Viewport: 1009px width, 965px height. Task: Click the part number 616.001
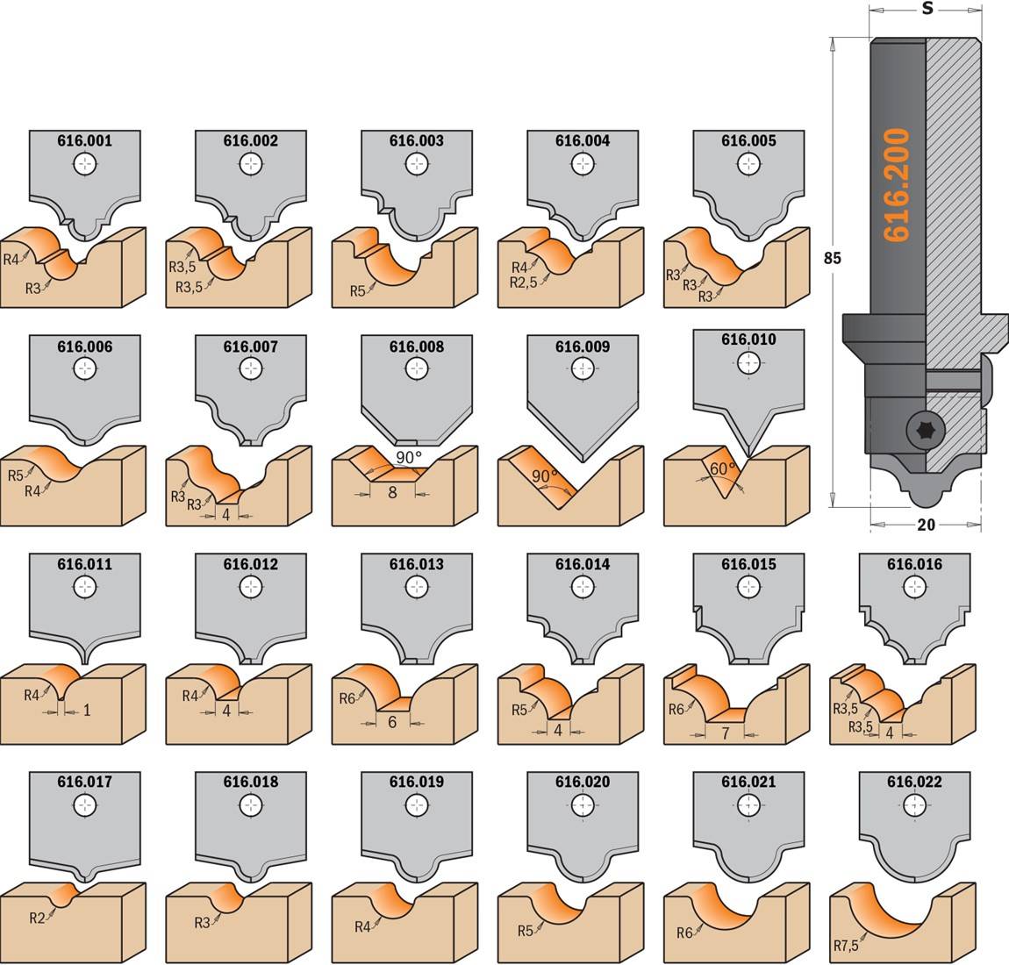(x=84, y=141)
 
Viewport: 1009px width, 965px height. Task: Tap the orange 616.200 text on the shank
(x=897, y=185)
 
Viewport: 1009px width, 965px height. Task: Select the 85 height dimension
(x=832, y=258)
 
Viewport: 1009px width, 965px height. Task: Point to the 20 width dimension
(x=926, y=525)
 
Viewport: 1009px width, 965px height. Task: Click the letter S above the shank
(x=927, y=9)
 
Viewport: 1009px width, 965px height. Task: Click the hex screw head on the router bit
(x=921, y=430)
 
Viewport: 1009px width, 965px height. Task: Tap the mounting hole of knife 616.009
(x=583, y=368)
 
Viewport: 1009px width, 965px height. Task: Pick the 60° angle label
(x=721, y=469)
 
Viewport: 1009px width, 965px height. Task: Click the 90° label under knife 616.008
(x=409, y=458)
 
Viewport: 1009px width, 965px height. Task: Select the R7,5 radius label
(x=846, y=946)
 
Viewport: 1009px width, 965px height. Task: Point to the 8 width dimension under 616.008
(x=392, y=493)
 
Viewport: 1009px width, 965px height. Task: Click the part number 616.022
(x=914, y=782)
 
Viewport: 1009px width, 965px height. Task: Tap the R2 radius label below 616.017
(x=38, y=918)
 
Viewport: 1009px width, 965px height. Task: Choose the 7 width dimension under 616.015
(x=726, y=733)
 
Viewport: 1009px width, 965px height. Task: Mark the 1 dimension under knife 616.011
(x=87, y=711)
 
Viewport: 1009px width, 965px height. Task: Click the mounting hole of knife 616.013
(x=417, y=587)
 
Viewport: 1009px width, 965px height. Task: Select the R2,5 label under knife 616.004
(x=523, y=282)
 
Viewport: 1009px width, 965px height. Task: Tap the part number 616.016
(x=914, y=564)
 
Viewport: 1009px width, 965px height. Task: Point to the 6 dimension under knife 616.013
(x=392, y=723)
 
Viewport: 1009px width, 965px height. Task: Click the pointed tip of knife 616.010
(x=749, y=457)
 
